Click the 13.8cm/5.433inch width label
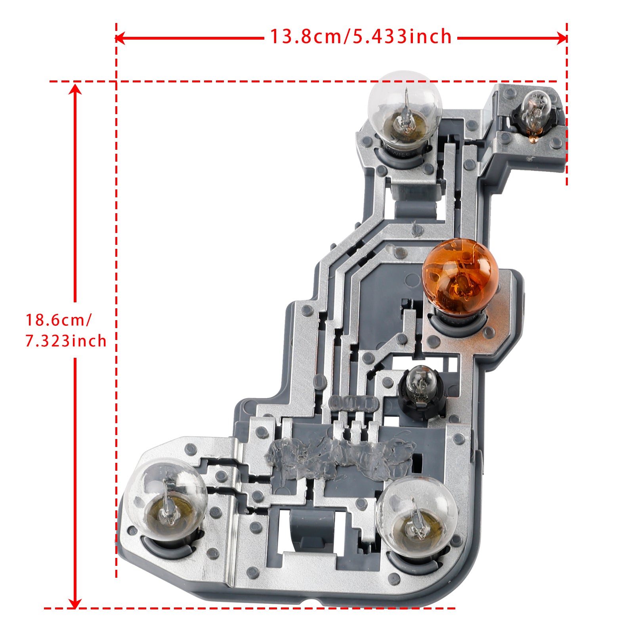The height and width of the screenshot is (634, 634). tap(361, 37)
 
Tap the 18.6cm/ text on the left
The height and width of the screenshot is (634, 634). tap(59, 320)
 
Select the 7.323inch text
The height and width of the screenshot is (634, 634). tap(66, 341)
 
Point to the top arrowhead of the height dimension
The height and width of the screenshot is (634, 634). tap(75, 89)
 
